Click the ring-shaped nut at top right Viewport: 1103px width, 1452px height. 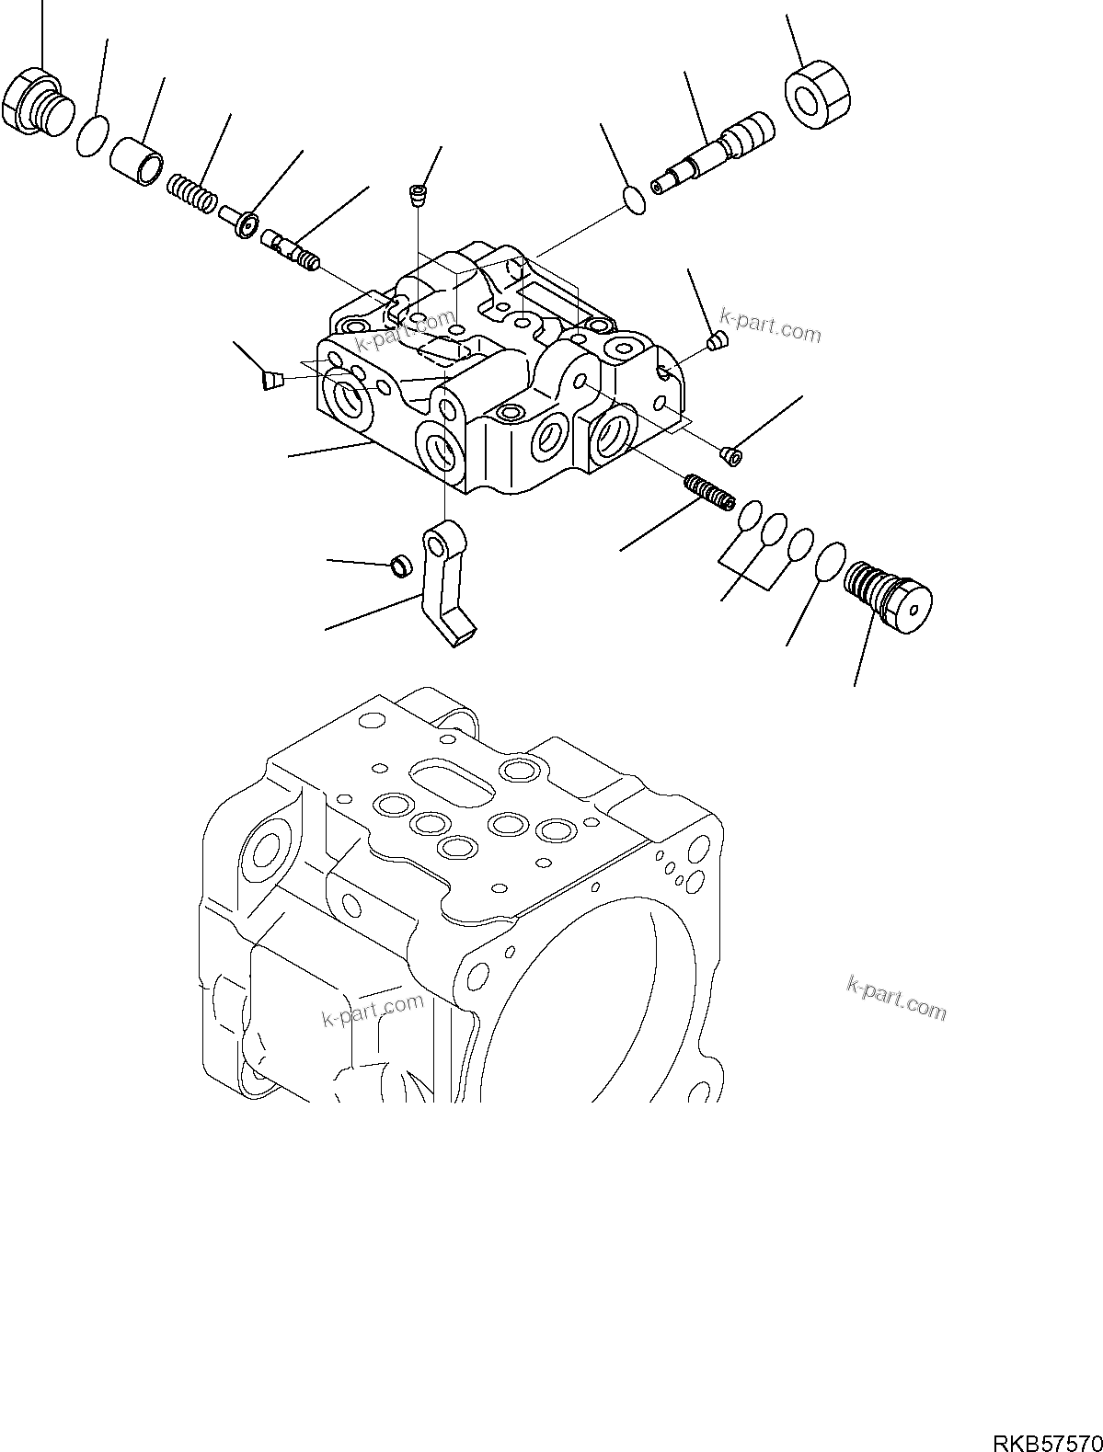[817, 93]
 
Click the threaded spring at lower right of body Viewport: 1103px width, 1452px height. [709, 490]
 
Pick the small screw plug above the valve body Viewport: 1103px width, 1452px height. [419, 193]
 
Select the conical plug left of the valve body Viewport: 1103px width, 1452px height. [269, 379]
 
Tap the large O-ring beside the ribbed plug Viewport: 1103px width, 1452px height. [829, 561]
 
